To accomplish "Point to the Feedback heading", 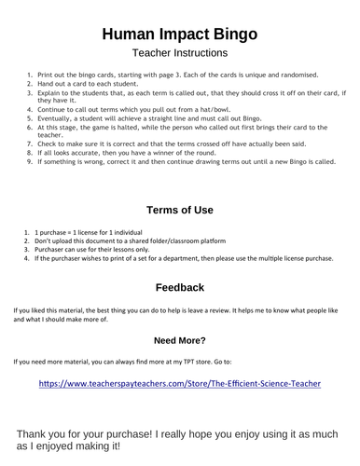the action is (180, 287).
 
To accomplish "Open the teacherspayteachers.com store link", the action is (180, 383).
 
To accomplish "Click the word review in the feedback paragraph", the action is (223, 308).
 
